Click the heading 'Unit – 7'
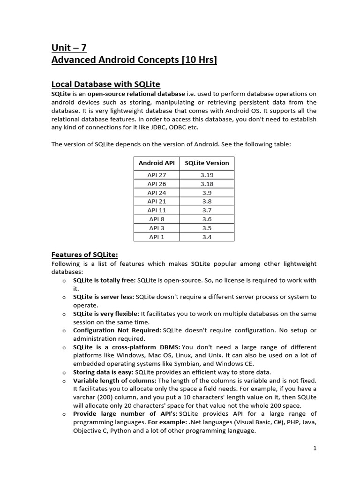[69, 47]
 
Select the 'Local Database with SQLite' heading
[105, 84]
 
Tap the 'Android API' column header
[157, 163]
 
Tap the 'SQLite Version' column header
[207, 163]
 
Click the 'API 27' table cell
[157, 175]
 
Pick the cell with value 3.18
[207, 184]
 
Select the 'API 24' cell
[157, 193]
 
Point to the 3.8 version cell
[207, 202]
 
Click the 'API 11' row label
[157, 210]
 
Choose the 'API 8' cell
[157, 219]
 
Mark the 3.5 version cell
[207, 228]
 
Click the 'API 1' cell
[157, 237]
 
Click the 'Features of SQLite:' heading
[84, 255]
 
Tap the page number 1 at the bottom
[315, 448]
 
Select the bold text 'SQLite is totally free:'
[104, 280]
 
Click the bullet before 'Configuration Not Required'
[63, 330]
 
